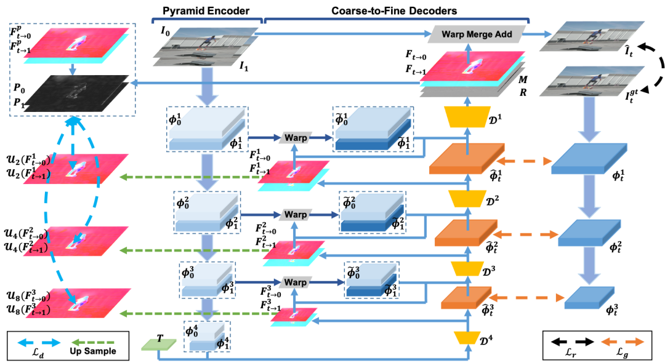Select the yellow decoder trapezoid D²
coord(467,198)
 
